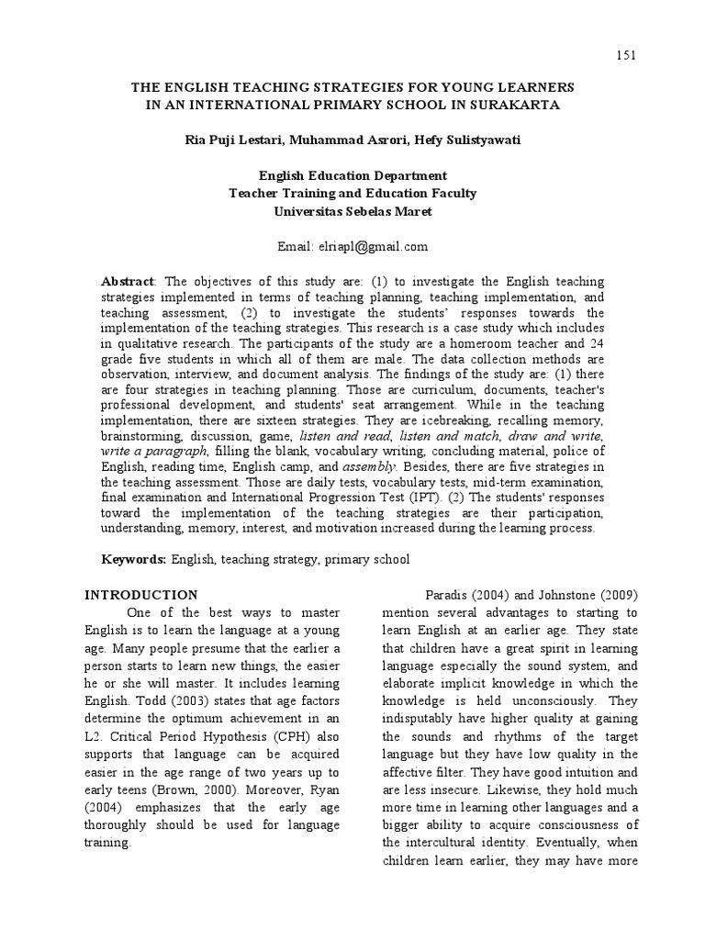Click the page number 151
(x=624, y=57)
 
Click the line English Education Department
(x=352, y=175)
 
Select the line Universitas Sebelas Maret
(x=352, y=211)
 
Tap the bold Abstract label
(x=128, y=282)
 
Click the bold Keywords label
(x=133, y=559)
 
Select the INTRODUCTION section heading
(x=141, y=595)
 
